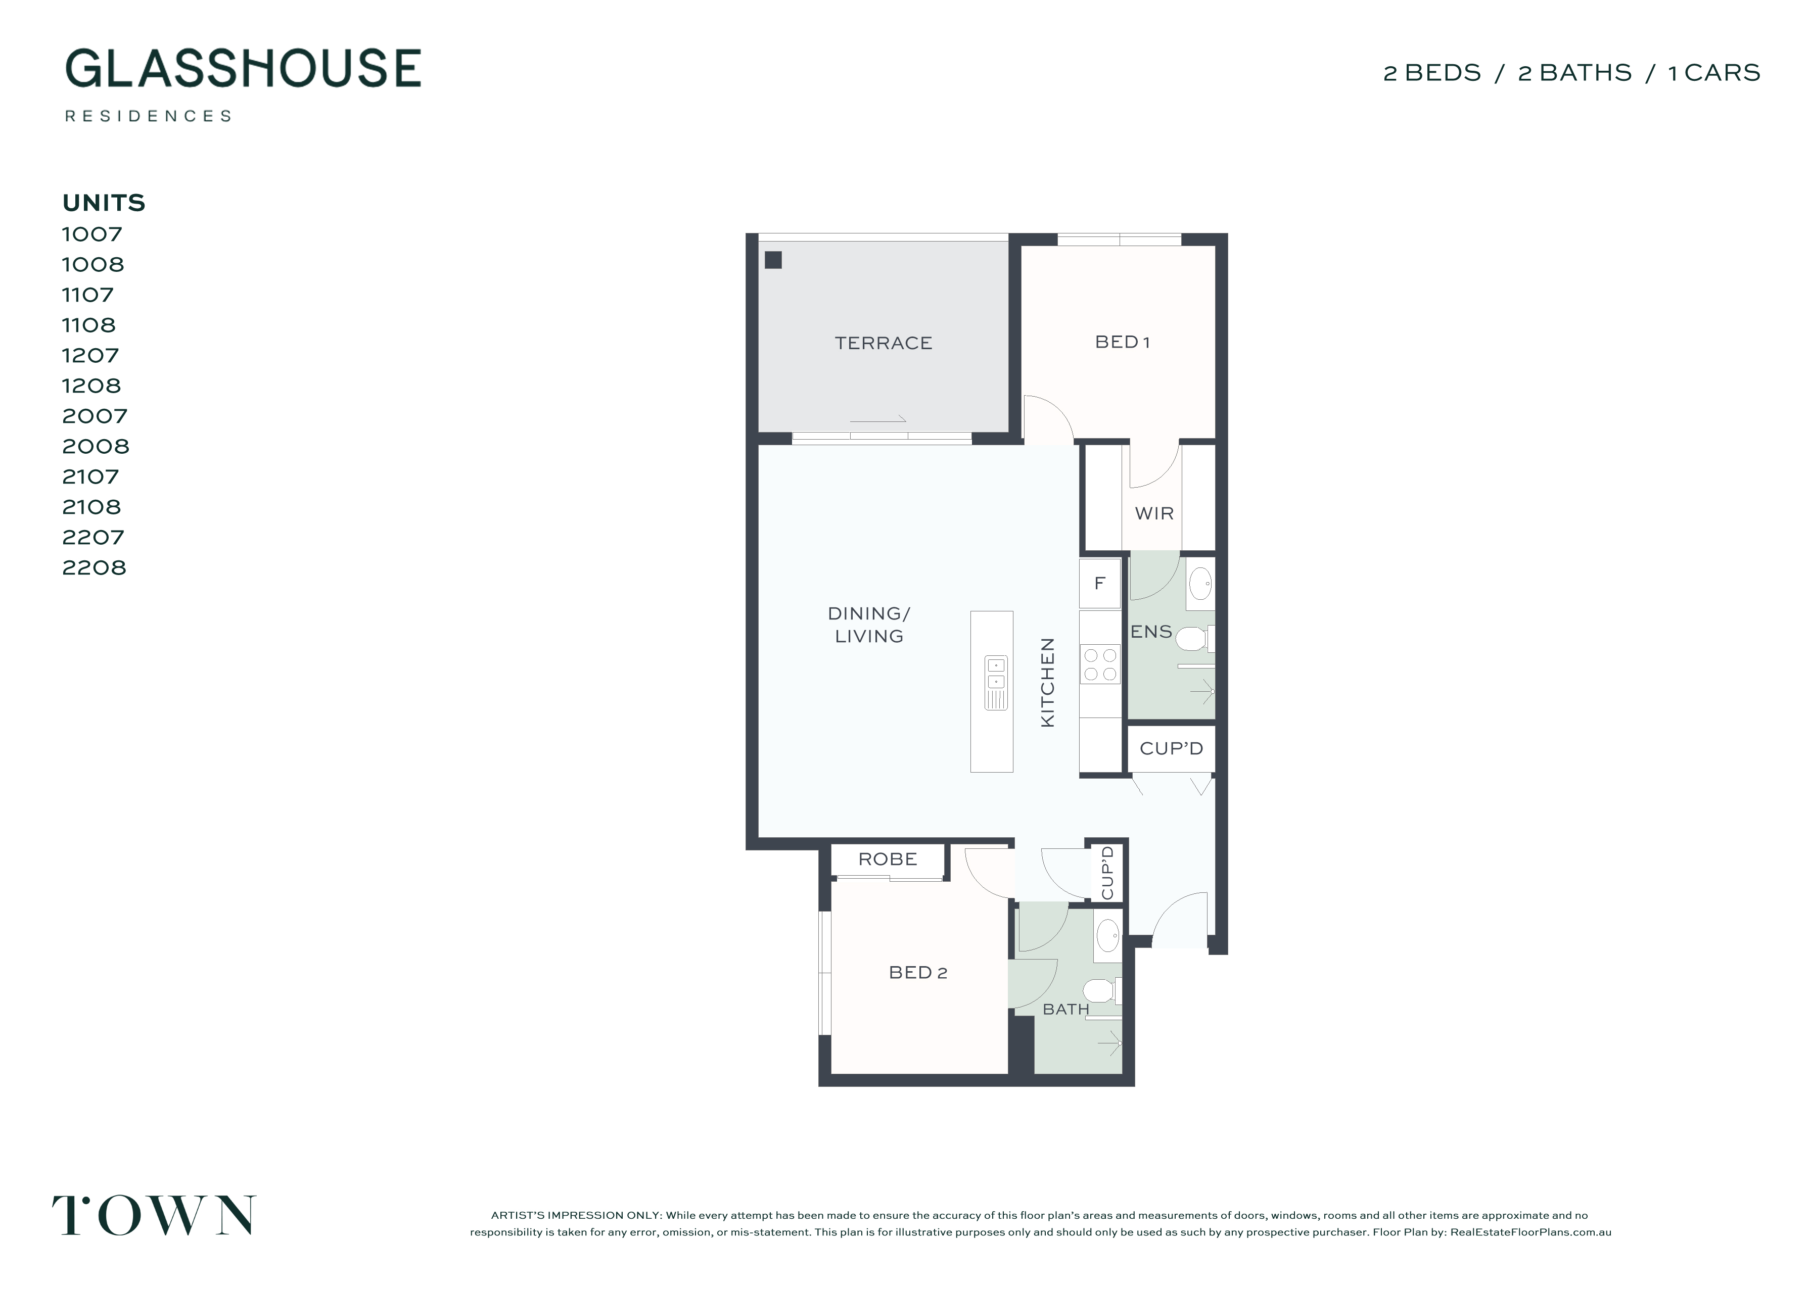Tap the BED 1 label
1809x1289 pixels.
1122,342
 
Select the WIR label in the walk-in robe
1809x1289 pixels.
1154,513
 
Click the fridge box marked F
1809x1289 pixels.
1099,584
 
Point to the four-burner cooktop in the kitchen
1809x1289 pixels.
1100,665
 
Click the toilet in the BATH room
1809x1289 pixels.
1102,990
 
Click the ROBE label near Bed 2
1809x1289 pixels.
888,859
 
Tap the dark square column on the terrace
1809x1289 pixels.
773,260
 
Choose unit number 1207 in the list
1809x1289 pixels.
90,356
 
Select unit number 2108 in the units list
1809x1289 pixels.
92,507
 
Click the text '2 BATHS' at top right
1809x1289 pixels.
1575,73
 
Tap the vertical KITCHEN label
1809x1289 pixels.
1048,683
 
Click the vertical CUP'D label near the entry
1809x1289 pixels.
1108,873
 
